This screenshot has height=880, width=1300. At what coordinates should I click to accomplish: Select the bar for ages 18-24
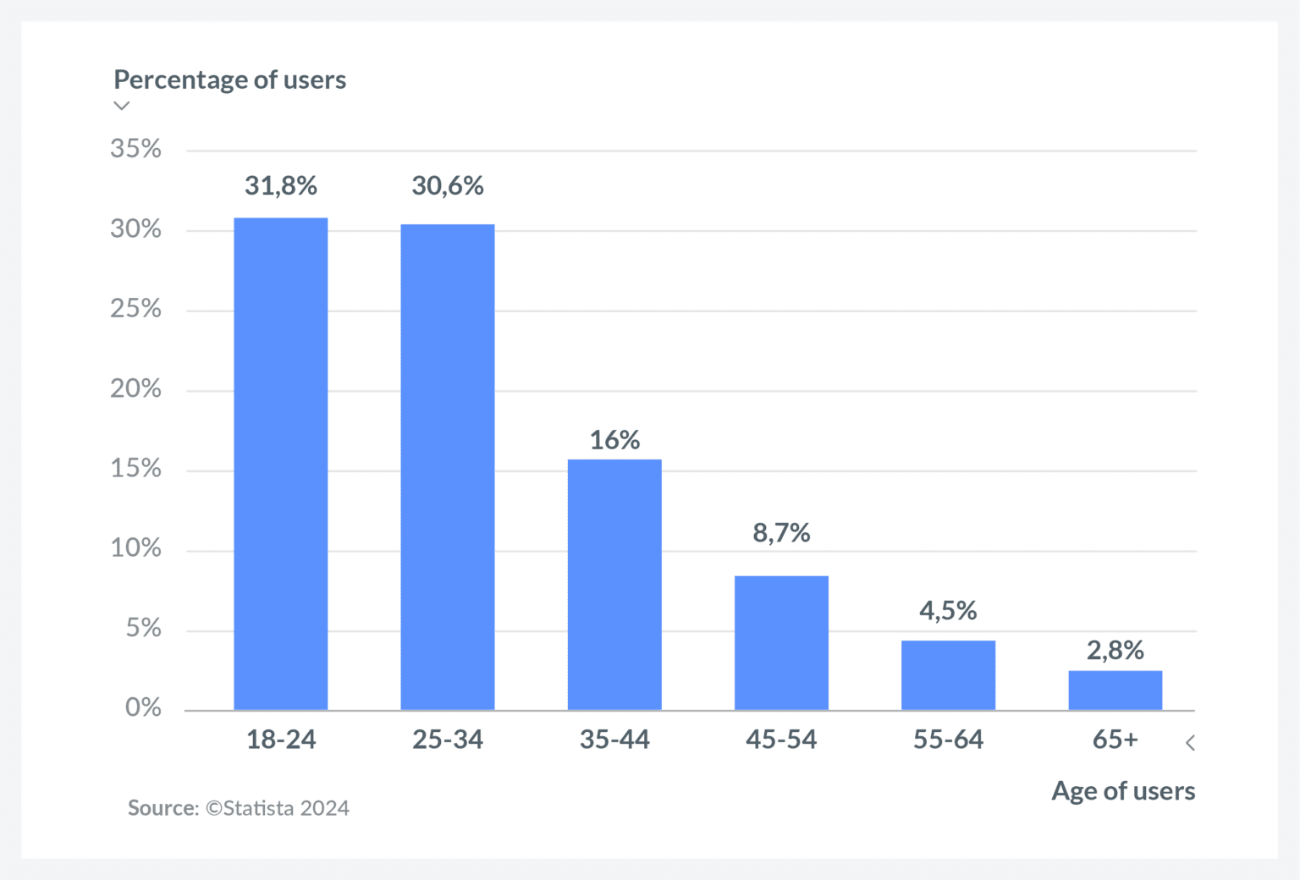pyautogui.click(x=280, y=464)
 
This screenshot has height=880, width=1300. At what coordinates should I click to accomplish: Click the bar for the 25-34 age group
pyautogui.click(x=447, y=467)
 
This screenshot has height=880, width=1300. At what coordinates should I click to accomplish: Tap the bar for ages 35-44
pyautogui.click(x=614, y=585)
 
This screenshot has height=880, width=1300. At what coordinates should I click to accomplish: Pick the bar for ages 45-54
pyautogui.click(x=781, y=642)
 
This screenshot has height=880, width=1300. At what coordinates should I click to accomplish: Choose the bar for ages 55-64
pyautogui.click(x=948, y=675)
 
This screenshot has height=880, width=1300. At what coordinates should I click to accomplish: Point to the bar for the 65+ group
pyautogui.click(x=1115, y=690)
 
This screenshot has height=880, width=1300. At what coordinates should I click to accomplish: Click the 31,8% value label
pyautogui.click(x=281, y=185)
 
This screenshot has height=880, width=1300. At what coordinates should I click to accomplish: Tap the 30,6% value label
pyautogui.click(x=448, y=185)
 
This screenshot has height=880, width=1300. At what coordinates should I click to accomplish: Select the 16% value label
pyautogui.click(x=614, y=440)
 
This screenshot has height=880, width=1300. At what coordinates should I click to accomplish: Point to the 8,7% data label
pyautogui.click(x=781, y=532)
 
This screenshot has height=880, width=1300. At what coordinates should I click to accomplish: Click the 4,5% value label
pyautogui.click(x=948, y=610)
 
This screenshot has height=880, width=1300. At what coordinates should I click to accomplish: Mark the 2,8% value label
pyautogui.click(x=1115, y=650)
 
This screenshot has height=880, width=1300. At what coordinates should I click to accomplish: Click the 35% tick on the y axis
pyautogui.click(x=135, y=149)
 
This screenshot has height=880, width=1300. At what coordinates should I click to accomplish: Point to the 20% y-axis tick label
pyautogui.click(x=135, y=388)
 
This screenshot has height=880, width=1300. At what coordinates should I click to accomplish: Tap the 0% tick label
pyautogui.click(x=143, y=707)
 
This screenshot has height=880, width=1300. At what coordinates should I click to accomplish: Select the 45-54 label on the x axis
pyautogui.click(x=781, y=740)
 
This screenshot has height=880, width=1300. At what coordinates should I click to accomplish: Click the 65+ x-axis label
pyautogui.click(x=1115, y=740)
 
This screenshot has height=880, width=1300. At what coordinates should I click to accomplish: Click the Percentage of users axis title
pyautogui.click(x=230, y=80)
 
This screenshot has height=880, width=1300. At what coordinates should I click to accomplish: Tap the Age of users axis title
pyautogui.click(x=1123, y=790)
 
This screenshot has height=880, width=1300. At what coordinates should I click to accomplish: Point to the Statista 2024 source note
pyautogui.click(x=239, y=808)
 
